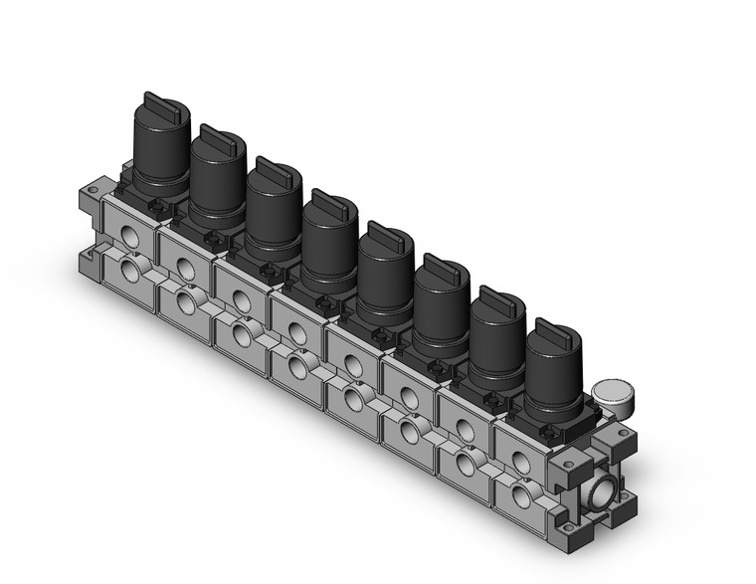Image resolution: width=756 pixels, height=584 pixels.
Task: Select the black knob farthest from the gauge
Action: pos(159,149)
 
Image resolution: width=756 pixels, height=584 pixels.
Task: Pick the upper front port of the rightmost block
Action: pos(519,460)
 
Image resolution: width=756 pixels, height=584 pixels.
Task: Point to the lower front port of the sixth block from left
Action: pos(408,431)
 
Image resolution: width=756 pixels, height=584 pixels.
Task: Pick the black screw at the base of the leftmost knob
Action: pos(154,206)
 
